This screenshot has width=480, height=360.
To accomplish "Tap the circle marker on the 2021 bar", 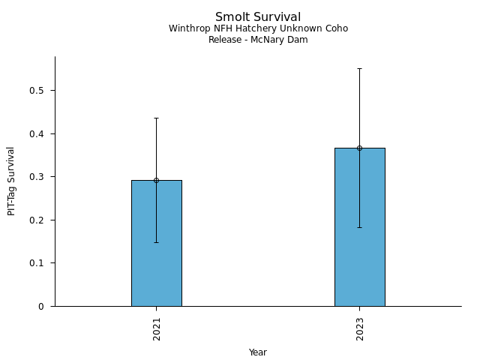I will point(156,180).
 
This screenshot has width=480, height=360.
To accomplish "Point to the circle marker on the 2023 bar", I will point(359,148).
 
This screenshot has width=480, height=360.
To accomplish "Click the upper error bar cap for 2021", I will point(156,118).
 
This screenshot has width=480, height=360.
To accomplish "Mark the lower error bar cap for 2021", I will point(156,242).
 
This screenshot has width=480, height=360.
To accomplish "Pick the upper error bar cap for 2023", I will point(359,68).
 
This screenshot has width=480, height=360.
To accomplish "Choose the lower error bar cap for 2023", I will point(359,227).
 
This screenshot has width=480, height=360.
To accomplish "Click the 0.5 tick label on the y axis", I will point(37,91).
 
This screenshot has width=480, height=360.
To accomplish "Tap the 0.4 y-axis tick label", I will point(37,133).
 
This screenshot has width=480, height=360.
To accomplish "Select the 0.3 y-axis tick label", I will point(37,177).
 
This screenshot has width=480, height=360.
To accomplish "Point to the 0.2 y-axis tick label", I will point(37,220).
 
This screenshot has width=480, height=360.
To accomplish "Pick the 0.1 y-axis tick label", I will point(37,263).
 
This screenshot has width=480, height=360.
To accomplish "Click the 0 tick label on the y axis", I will point(42,306).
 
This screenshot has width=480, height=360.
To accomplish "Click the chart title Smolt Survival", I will point(258,17).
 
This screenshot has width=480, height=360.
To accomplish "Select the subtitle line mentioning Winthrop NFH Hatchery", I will point(258,28).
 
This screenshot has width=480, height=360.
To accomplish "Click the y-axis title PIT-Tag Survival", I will point(11,181).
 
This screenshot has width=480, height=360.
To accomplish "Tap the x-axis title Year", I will point(258,352).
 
